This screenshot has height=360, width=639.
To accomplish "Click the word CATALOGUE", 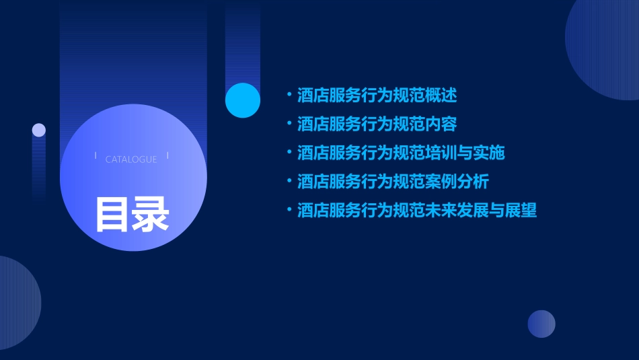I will click(131, 159).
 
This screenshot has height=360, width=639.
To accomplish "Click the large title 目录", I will click(132, 215).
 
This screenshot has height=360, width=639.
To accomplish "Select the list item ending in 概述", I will click(377, 96).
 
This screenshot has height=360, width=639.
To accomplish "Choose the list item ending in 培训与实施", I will click(401, 153).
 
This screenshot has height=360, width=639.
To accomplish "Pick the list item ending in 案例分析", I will click(393, 182).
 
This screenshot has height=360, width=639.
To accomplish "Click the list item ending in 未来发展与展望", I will click(417, 211).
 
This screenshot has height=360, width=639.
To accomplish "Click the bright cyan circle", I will click(243, 100).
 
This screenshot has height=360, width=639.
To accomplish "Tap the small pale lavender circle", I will click(39, 130).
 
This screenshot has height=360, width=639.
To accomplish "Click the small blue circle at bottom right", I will click(541, 324).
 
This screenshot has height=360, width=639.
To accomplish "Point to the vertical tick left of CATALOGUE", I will click(96, 156).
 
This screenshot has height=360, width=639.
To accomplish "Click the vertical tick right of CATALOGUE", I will click(167, 156).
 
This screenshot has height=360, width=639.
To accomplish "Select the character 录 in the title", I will click(151, 215).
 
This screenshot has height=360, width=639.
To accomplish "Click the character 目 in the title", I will click(112, 215).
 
